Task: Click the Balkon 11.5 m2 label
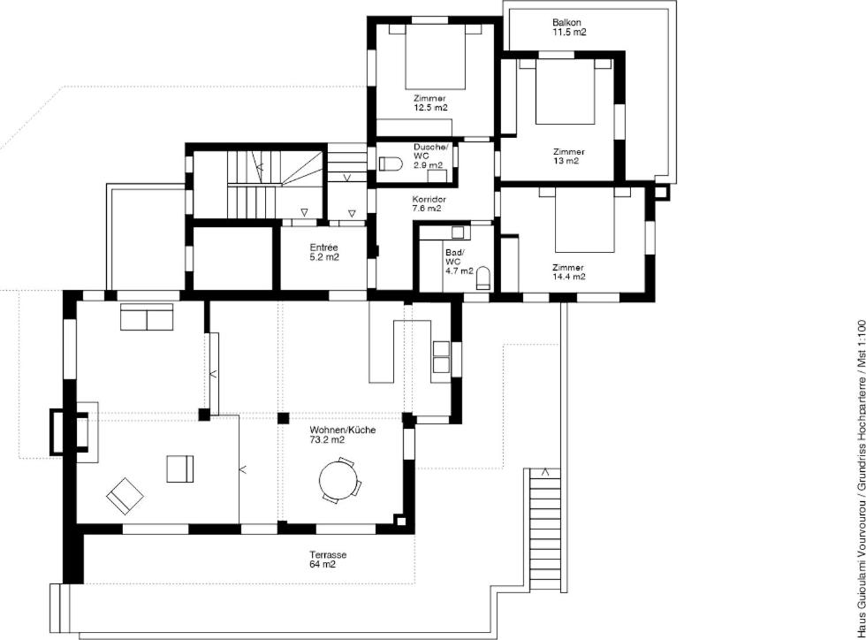(569, 27)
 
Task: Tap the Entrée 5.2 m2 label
(323, 252)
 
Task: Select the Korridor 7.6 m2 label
(429, 203)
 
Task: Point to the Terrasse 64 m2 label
(328, 560)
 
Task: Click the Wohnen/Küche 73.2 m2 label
(343, 434)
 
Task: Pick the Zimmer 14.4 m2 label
(568, 272)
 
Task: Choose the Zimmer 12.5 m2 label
(430, 103)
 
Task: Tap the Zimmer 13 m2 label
(568, 156)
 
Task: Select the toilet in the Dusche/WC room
(391, 164)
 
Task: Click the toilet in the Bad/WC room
(483, 278)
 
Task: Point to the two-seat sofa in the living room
(147, 316)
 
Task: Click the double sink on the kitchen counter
(441, 357)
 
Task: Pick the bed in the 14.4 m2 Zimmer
(584, 220)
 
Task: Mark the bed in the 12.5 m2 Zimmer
(435, 57)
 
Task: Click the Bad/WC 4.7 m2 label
(460, 262)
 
